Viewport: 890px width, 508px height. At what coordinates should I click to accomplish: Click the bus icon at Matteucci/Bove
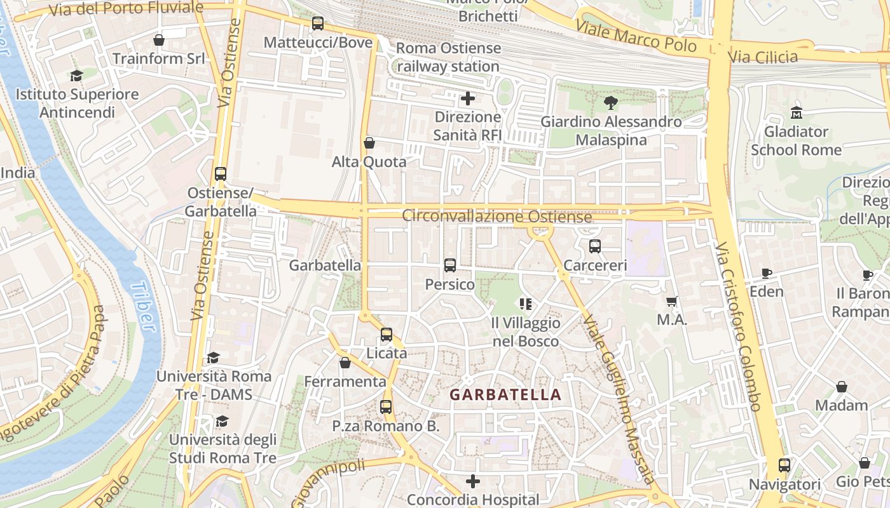pos(318,23)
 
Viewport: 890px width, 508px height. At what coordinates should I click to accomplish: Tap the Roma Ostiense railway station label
pos(448,57)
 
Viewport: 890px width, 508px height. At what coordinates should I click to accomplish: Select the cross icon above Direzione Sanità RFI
pos(468,98)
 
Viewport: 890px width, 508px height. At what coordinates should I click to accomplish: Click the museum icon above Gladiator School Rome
pos(796,113)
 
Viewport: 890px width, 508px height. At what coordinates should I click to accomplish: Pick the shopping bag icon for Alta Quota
pos(369,143)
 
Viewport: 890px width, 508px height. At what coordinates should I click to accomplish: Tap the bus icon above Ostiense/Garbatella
pos(221,173)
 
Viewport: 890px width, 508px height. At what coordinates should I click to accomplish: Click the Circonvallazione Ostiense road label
pos(496,217)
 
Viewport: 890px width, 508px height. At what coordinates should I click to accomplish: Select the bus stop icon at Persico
pos(450,265)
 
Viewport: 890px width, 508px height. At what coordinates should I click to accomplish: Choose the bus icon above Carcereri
pos(595,246)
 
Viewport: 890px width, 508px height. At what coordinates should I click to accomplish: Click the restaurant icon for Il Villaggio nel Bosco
pos(525,304)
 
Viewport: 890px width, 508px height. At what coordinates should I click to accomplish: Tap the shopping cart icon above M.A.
pos(672,302)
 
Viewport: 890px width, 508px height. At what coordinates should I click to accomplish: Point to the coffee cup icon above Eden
pos(767,273)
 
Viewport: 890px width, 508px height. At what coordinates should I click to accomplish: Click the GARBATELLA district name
pos(505,395)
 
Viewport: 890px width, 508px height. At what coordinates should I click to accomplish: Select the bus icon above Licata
pos(387,334)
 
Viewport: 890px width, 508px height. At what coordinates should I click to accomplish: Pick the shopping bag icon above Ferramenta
pos(345,363)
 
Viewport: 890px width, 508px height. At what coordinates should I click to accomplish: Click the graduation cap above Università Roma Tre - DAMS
pos(214,358)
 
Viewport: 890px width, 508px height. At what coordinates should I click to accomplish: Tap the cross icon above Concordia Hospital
pos(473,481)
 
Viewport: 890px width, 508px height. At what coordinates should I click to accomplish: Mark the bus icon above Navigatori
pos(784,465)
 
